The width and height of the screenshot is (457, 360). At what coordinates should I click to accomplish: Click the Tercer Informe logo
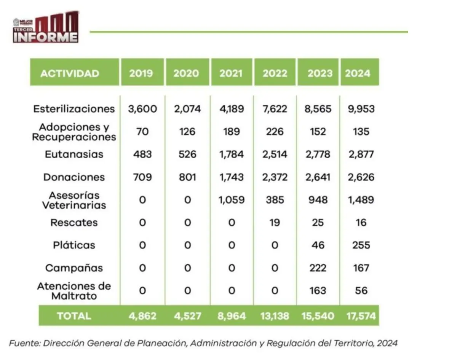tap(46, 27)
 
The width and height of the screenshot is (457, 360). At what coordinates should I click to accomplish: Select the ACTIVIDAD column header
tap(70, 73)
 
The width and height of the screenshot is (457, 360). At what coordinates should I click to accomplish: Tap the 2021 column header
tap(231, 73)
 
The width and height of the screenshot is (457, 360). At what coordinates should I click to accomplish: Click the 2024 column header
tap(358, 73)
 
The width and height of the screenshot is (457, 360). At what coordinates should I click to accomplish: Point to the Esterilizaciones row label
tap(74, 109)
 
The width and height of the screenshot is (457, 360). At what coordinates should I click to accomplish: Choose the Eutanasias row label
tap(74, 155)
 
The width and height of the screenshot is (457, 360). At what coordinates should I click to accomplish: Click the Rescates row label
tap(74, 223)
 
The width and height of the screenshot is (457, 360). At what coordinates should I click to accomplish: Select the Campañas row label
tap(74, 268)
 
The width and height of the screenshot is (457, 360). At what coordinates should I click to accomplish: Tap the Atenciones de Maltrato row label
tap(74, 291)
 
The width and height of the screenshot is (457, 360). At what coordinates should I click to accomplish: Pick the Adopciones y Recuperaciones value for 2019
tap(142, 132)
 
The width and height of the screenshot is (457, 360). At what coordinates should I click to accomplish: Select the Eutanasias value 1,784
tap(231, 155)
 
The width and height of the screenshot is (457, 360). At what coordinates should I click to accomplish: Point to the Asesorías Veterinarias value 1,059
tap(231, 200)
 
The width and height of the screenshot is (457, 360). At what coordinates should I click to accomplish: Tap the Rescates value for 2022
tap(275, 223)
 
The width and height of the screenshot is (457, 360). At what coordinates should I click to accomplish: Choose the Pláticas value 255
tap(361, 245)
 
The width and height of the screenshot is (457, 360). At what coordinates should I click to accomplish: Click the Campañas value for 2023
tap(318, 268)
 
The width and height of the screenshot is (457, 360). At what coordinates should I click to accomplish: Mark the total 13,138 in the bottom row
tap(275, 316)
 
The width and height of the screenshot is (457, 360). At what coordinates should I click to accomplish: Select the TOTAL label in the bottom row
tap(74, 316)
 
